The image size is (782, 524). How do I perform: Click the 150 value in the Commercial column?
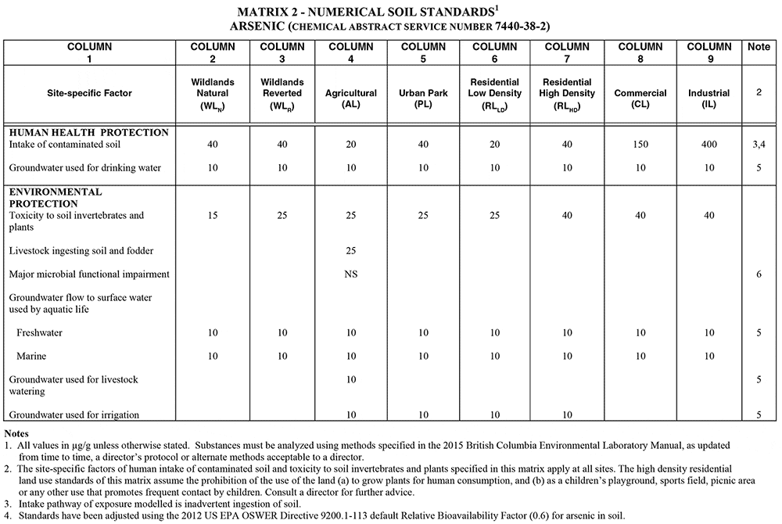coord(640,145)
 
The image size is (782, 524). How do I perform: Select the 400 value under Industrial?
coord(708,145)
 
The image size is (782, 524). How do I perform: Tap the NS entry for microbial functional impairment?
coord(350,274)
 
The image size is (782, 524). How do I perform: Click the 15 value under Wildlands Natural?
coord(212,215)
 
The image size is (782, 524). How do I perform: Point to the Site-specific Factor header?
coord(89,93)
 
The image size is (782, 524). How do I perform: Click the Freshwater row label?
coord(41,333)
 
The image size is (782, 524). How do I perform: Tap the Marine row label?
coord(33,357)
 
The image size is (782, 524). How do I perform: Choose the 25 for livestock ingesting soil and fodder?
coord(350,250)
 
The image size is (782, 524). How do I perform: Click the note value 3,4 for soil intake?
coord(759,145)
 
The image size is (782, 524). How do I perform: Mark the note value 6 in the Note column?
coord(759,274)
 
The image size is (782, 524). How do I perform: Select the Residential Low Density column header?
coord(495,93)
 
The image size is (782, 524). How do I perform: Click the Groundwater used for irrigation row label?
coord(74,415)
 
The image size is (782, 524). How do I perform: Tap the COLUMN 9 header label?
coord(708,52)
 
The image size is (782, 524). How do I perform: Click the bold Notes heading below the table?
coord(19,432)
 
